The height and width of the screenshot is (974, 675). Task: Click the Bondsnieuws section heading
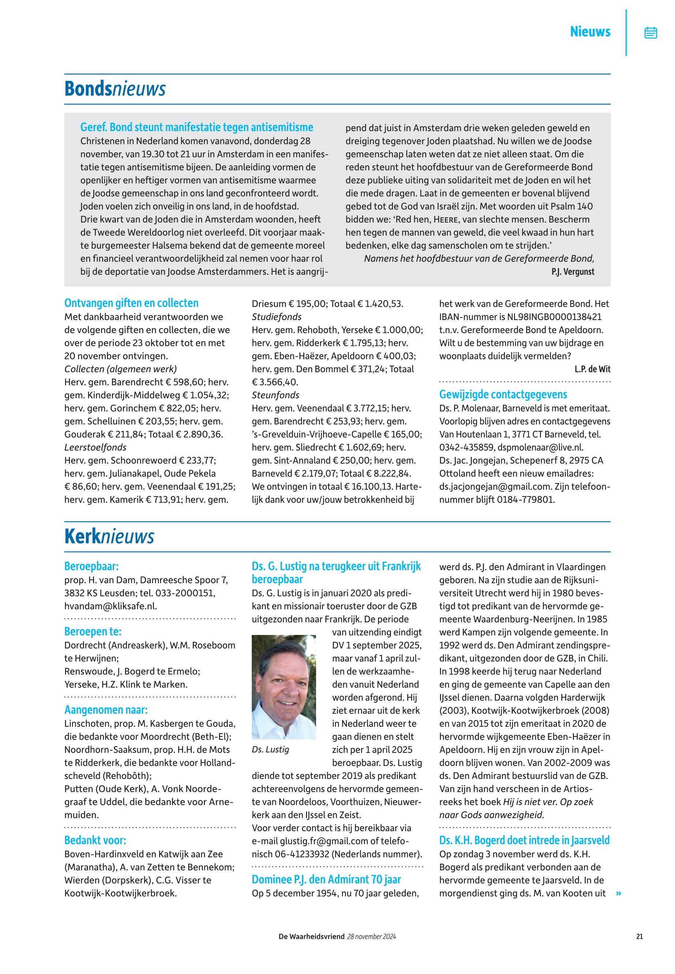[x=115, y=89]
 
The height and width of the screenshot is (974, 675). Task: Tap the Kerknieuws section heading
[x=109, y=536]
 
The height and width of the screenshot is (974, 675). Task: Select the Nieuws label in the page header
[x=590, y=32]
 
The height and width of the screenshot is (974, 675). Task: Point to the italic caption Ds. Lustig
[x=270, y=750]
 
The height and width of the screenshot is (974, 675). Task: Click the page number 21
[x=640, y=936]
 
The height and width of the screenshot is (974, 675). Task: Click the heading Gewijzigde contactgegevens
[x=503, y=394]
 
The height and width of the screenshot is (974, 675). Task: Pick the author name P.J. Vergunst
[x=573, y=272]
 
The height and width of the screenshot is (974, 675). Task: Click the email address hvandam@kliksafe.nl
[x=110, y=606]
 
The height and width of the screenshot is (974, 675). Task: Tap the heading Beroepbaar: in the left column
[x=91, y=566]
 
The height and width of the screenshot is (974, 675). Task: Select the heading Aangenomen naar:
[x=106, y=710]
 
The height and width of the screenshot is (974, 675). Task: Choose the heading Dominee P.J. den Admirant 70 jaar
[x=326, y=880]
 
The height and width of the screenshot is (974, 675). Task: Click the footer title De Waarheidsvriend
[x=311, y=936]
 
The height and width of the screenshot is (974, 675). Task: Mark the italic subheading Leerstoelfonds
[x=95, y=447]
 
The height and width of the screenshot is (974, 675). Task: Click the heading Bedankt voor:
[x=95, y=840]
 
